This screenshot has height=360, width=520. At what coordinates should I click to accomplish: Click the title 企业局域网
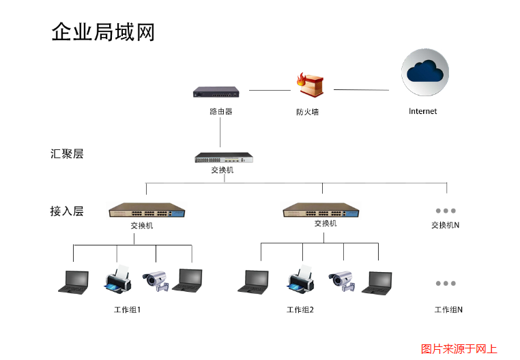pyautogui.click(x=103, y=32)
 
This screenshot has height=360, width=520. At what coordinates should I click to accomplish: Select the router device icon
pyautogui.click(x=216, y=91)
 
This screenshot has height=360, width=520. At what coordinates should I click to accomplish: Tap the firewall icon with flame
pyautogui.click(x=310, y=87)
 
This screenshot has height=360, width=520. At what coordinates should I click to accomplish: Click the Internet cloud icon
pyautogui.click(x=425, y=71)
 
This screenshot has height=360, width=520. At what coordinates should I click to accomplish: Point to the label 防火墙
pyautogui.click(x=307, y=112)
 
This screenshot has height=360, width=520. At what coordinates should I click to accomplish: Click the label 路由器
pyautogui.click(x=220, y=110)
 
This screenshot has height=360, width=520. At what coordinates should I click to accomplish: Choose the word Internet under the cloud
pyautogui.click(x=422, y=111)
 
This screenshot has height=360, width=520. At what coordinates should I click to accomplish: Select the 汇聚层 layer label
pyautogui.click(x=67, y=154)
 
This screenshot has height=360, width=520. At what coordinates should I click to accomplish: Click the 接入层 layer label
pyautogui.click(x=67, y=211)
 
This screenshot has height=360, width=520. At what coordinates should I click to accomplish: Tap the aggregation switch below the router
pyautogui.click(x=224, y=157)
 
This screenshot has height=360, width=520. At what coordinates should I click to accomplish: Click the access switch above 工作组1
pyautogui.click(x=147, y=211)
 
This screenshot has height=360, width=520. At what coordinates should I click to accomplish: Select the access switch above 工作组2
pyautogui.click(x=321, y=210)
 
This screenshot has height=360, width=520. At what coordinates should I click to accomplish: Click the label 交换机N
pyautogui.click(x=445, y=225)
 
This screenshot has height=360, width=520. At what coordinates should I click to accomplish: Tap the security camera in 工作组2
pyautogui.click(x=342, y=281)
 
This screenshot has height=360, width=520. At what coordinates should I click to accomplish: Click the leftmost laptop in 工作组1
pyautogui.click(x=74, y=281)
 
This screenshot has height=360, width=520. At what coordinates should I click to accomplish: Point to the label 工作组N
pyautogui.click(x=448, y=310)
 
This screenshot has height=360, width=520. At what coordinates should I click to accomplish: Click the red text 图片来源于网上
pyautogui.click(x=459, y=348)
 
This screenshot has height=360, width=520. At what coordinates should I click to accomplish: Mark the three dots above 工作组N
pyautogui.click(x=445, y=283)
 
